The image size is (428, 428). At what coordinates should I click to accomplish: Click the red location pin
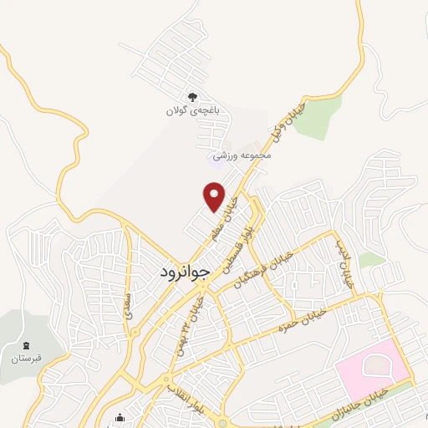click(215, 197)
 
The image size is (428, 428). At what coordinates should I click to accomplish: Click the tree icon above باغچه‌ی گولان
click(193, 97)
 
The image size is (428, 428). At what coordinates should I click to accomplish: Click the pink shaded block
click(373, 367)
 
